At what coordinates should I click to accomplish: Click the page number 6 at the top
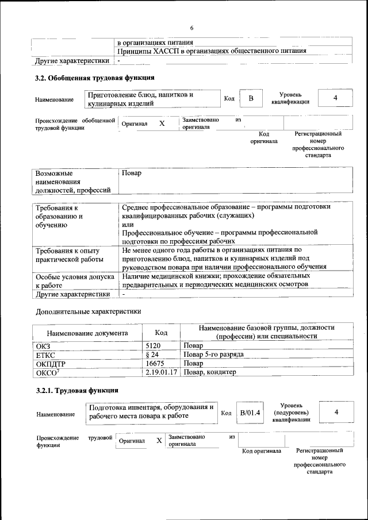(191, 28)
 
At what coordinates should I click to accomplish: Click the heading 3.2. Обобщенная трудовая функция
(94, 78)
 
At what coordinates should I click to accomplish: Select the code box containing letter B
(251, 99)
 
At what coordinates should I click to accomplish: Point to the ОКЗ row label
(44, 346)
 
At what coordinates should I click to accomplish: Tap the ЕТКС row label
(45, 355)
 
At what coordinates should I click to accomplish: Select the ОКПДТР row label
(50, 364)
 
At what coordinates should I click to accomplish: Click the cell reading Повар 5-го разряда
(213, 355)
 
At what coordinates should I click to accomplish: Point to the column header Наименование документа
(87, 333)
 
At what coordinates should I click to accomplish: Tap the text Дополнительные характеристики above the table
(88, 311)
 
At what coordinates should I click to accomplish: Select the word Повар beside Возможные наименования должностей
(131, 173)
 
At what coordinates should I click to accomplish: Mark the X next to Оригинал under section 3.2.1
(159, 441)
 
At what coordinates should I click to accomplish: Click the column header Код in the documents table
(162, 333)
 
